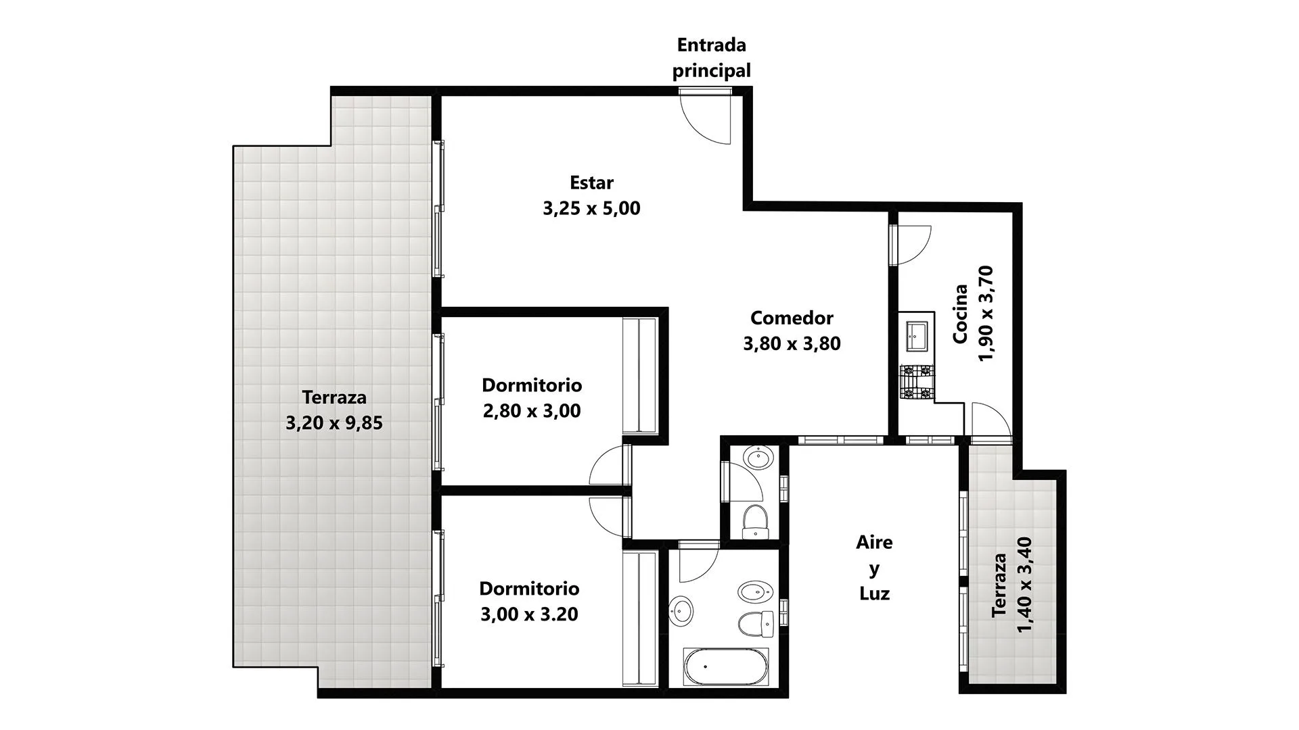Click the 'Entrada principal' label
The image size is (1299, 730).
point(711,57)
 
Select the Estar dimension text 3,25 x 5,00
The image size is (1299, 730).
point(591,208)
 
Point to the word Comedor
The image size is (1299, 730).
point(792,318)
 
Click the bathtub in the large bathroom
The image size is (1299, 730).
point(726,667)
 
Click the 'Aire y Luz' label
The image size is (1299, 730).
point(874,568)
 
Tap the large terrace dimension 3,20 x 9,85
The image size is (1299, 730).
point(334,423)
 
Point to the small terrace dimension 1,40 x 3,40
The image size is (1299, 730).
point(1024,585)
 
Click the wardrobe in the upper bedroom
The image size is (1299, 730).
point(639,375)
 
